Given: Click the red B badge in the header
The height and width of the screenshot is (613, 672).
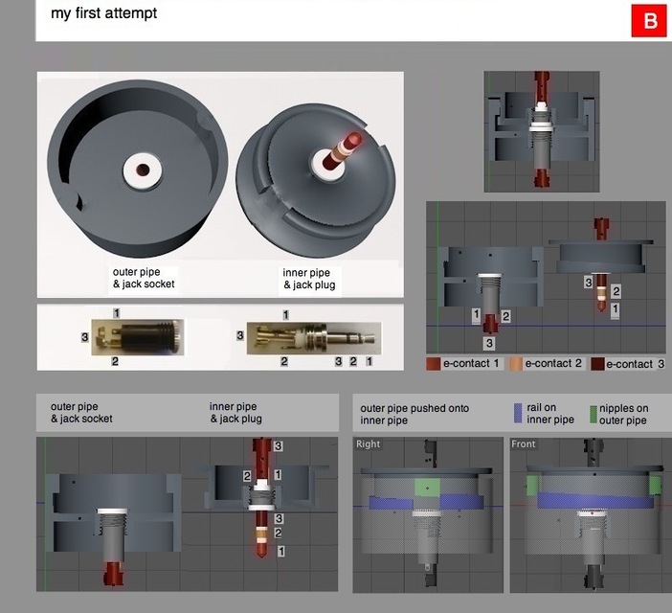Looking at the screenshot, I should (649, 21).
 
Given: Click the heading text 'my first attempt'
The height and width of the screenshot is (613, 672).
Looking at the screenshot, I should (104, 13).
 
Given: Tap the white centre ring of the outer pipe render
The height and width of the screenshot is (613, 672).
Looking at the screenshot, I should (141, 170).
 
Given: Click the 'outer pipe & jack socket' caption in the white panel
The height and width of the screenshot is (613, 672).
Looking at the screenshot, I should (144, 278).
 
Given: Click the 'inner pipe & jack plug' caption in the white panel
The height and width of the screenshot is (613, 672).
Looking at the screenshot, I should (309, 279).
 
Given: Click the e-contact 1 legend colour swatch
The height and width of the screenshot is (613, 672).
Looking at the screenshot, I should (434, 364).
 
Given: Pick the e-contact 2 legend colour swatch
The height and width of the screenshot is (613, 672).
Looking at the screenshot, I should (515, 364).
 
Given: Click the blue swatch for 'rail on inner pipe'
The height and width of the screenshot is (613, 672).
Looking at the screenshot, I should (518, 414).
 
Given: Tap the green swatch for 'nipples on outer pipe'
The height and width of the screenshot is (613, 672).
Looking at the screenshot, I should (594, 414).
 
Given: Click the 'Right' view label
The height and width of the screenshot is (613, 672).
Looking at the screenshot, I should (368, 444).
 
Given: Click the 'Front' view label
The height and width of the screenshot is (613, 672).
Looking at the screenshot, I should (524, 444).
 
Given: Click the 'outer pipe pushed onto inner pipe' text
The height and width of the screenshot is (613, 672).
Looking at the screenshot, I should (414, 414).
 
